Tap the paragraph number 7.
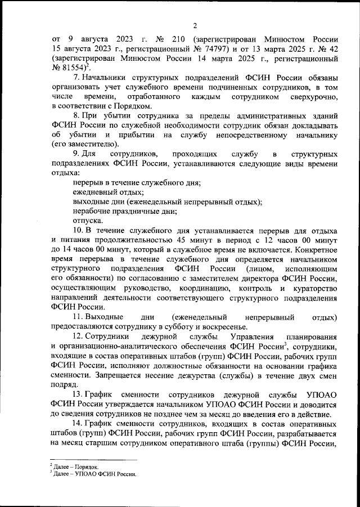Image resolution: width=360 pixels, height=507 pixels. tap(77, 77)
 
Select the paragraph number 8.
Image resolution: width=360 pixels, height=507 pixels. tap(77, 115)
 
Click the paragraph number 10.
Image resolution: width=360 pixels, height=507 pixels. tap(79, 230)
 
